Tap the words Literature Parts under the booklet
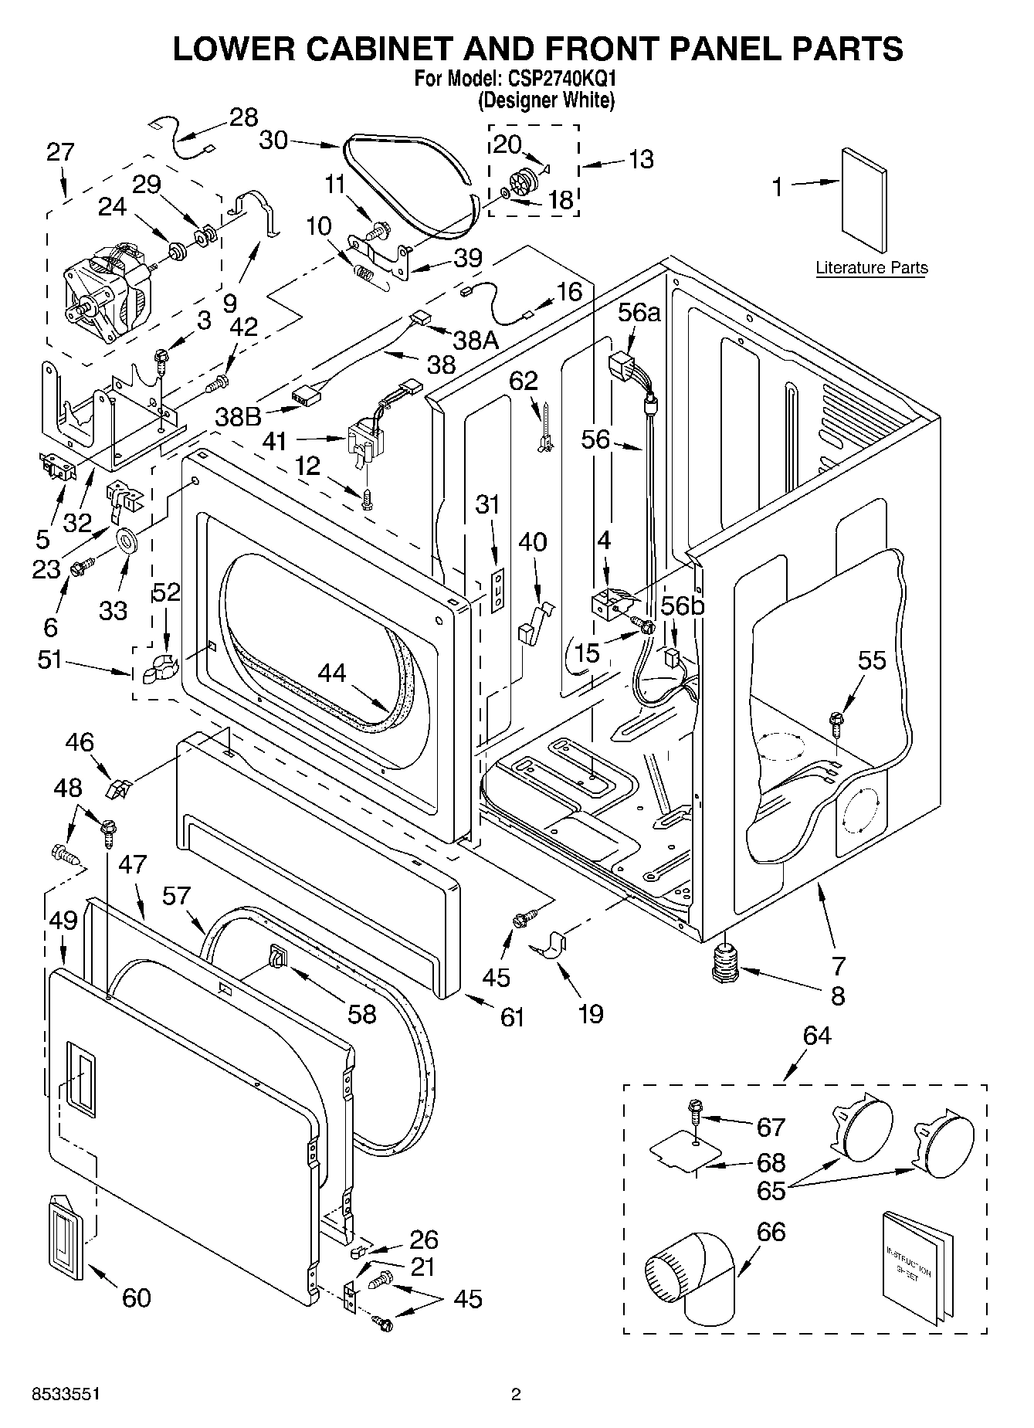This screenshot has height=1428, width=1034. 871,268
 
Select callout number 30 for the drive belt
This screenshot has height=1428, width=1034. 273,140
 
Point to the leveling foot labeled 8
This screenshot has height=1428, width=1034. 726,965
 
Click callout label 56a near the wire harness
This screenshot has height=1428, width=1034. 640,312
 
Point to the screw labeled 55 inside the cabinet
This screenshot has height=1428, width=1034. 836,721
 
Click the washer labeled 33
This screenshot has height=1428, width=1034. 127,540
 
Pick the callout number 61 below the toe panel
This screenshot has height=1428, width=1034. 512,1017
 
